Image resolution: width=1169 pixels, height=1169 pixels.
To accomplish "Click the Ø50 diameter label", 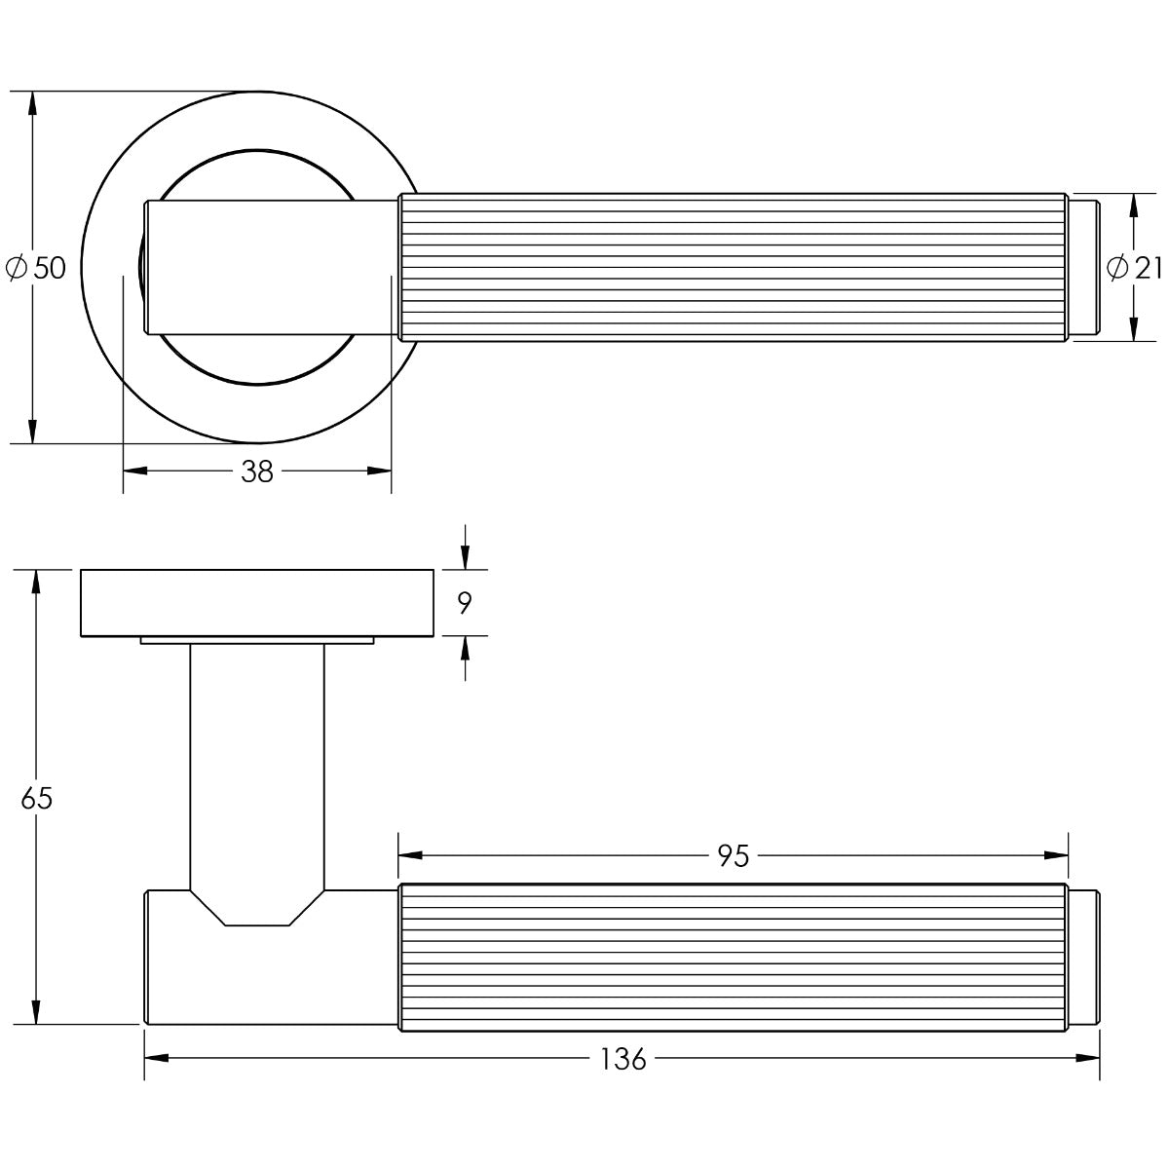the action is pyautogui.click(x=35, y=268).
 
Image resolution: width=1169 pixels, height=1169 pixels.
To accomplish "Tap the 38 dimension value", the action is pyautogui.click(x=257, y=471).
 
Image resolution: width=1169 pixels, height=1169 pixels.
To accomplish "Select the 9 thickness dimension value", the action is pyautogui.click(x=465, y=603).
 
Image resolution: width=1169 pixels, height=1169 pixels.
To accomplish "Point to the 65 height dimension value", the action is pyautogui.click(x=37, y=799).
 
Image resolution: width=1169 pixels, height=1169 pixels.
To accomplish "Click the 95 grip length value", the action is pyautogui.click(x=734, y=856).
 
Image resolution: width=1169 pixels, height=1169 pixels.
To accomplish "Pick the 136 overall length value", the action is pyautogui.click(x=623, y=1059).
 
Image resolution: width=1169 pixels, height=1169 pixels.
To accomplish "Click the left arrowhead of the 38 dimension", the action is pyautogui.click(x=134, y=471).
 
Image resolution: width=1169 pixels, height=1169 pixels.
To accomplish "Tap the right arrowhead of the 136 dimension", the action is pyautogui.click(x=1088, y=1059).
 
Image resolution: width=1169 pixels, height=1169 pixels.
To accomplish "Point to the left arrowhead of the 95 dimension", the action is pyautogui.click(x=410, y=855).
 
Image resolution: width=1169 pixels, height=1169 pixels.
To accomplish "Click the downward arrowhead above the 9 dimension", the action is pyautogui.click(x=465, y=557).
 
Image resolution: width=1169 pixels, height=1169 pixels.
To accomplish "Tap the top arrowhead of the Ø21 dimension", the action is pyautogui.click(x=1133, y=206).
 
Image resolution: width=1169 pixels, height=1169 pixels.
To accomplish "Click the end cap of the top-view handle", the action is pyautogui.click(x=1083, y=267).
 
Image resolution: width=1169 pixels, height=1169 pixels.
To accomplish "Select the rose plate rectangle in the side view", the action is pyautogui.click(x=257, y=603).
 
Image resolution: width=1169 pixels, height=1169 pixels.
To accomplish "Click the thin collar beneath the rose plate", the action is pyautogui.click(x=256, y=641).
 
